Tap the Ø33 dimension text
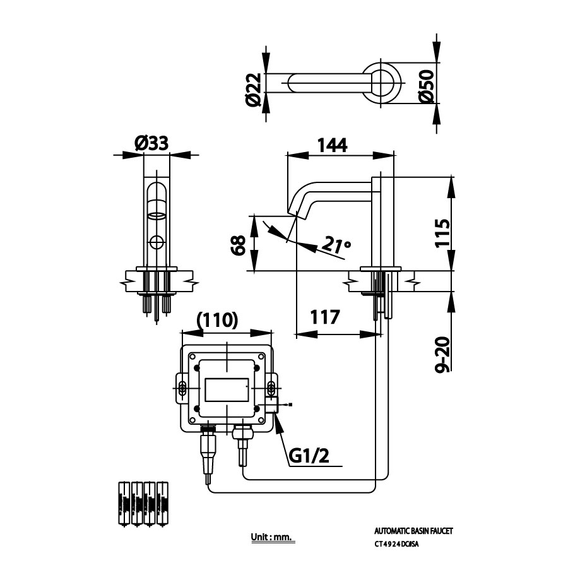151,143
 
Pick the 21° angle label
335,244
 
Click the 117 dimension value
324,317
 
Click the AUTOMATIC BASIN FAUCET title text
413,531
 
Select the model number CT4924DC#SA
396,544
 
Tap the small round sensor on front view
157,242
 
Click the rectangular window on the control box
226,391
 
